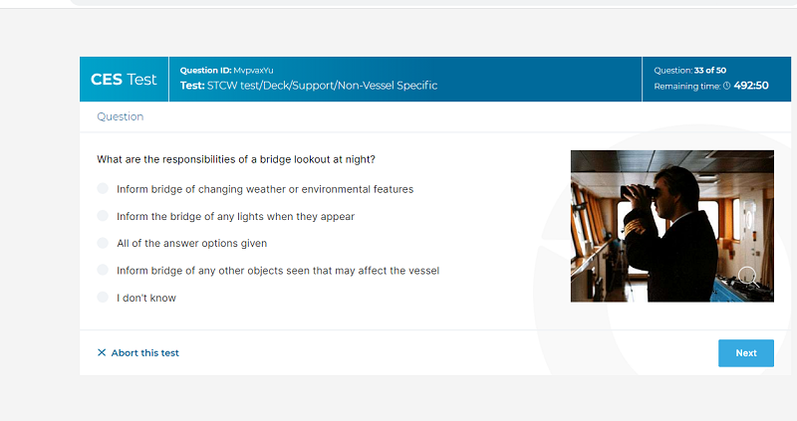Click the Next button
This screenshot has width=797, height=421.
click(745, 353)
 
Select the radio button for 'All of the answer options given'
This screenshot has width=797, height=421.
click(103, 243)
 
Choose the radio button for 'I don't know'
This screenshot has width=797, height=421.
click(103, 297)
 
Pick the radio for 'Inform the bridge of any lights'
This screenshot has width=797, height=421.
click(103, 216)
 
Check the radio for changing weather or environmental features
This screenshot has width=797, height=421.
click(103, 188)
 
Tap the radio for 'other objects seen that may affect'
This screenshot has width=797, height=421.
click(103, 270)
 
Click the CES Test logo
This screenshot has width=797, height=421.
click(124, 80)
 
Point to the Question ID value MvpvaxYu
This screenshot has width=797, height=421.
click(253, 71)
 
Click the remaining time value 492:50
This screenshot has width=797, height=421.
click(751, 86)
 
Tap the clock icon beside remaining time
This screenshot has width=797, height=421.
click(727, 86)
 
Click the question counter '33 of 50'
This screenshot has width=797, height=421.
click(710, 71)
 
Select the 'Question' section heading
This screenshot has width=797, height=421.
click(120, 116)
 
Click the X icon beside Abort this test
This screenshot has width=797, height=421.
click(102, 352)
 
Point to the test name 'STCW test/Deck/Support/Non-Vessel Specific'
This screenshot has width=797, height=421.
click(322, 86)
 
